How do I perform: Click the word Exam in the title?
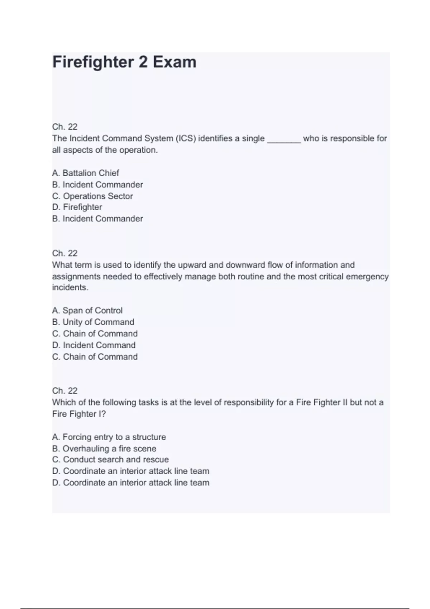tap(175, 62)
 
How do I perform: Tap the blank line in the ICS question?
tap(284, 140)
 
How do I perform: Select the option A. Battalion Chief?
tap(85, 173)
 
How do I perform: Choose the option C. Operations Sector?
tap(92, 196)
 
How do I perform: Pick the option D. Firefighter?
tap(77, 207)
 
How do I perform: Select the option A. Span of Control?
tap(87, 311)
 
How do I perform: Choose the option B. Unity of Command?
tap(93, 322)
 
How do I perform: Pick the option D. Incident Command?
tap(94, 345)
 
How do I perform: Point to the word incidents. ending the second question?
tap(70, 288)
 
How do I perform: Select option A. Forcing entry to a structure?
tap(109, 437)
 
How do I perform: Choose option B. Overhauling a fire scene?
tap(104, 449)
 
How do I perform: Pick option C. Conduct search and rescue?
tap(110, 460)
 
